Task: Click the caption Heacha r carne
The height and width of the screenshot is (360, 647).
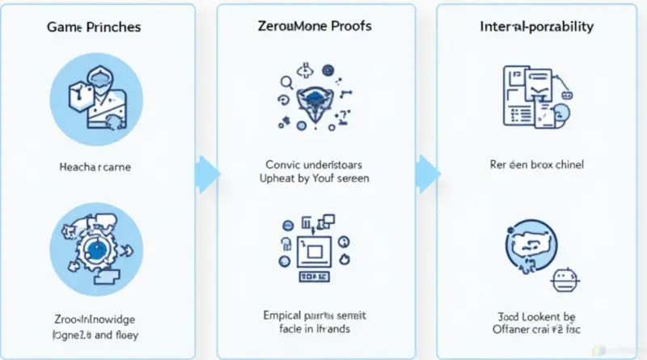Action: [x=95, y=167]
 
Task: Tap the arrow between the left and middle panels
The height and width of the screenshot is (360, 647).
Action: [x=208, y=172]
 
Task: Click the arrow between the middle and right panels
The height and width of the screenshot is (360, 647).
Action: [x=427, y=172]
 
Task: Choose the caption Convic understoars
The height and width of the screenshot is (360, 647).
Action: [x=313, y=163]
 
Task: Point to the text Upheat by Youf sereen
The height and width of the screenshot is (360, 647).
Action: [x=314, y=178]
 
